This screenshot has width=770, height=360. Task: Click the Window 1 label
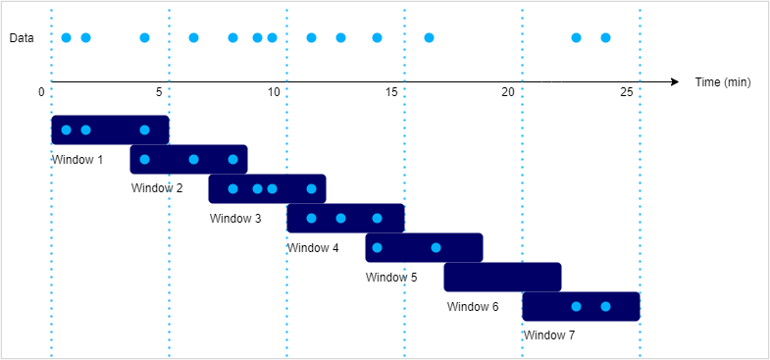click(77, 158)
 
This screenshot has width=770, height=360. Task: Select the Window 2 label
click(156, 187)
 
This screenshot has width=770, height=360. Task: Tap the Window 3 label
click(235, 218)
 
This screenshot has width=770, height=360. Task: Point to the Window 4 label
click(313, 247)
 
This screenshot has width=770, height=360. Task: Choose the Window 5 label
click(391, 277)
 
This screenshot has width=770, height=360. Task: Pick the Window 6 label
click(473, 306)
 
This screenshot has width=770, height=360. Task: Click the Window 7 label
click(549, 335)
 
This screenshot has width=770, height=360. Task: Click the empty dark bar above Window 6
click(502, 278)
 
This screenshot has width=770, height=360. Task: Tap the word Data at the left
click(22, 38)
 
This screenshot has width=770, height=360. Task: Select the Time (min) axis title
click(722, 81)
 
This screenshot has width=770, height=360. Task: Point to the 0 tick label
click(42, 91)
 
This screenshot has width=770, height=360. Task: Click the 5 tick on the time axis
click(159, 91)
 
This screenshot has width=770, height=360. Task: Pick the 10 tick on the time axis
click(274, 91)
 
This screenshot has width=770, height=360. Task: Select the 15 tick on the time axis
click(390, 91)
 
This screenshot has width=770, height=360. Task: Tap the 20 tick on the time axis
click(508, 91)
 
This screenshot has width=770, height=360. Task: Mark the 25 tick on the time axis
click(626, 91)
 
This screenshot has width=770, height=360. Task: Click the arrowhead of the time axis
click(674, 81)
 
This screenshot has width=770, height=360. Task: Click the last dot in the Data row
click(605, 38)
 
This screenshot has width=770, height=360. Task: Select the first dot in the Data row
click(66, 38)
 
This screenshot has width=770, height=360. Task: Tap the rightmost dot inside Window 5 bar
click(436, 247)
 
